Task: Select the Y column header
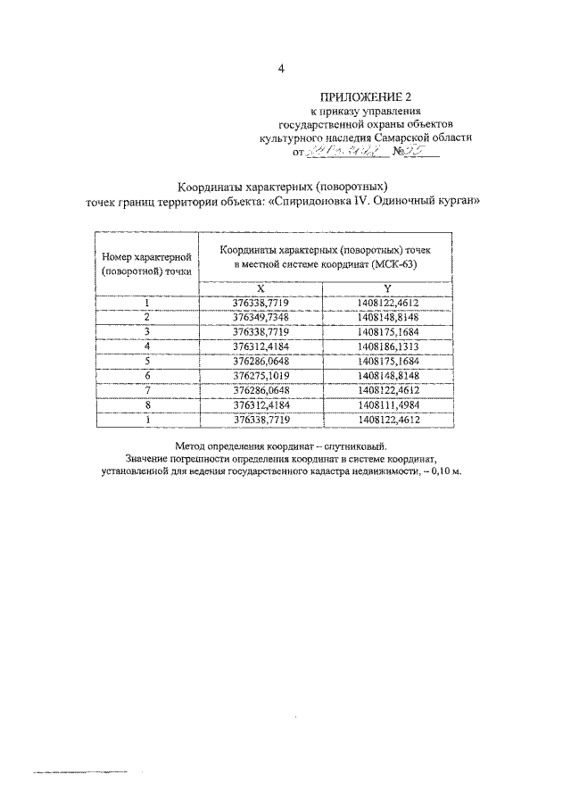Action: (x=388, y=287)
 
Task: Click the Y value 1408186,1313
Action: (x=388, y=346)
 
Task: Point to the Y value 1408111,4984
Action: (x=388, y=404)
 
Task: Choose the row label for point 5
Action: (x=146, y=362)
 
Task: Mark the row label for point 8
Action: (x=146, y=404)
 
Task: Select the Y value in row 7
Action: (x=388, y=390)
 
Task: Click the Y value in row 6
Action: (x=388, y=376)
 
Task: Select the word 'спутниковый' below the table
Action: (x=360, y=445)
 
